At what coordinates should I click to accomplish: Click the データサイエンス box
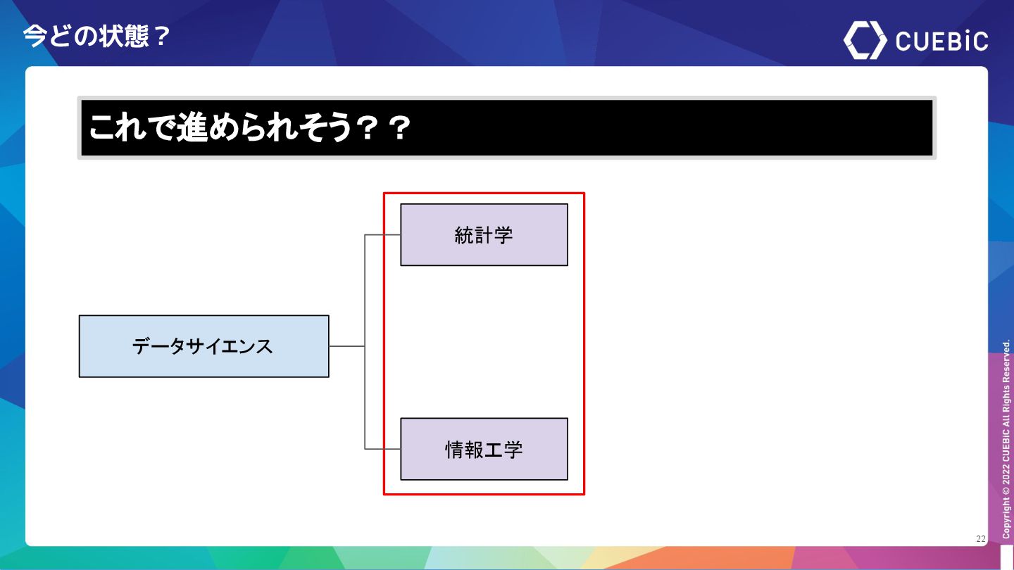coord(204,346)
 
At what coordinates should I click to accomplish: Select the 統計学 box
coord(484,235)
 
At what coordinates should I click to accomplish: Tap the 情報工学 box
coord(484,449)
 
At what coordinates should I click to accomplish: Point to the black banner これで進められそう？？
coord(506,128)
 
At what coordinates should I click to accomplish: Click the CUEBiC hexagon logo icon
coord(865,40)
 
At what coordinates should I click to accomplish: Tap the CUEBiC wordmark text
coord(941,41)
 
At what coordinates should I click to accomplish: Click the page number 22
coord(981,539)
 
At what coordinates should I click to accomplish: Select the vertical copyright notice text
coord(1006,440)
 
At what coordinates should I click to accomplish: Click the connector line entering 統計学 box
coord(382,235)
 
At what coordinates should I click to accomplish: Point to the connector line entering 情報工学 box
coord(382,449)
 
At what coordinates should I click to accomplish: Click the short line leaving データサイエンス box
coord(346,346)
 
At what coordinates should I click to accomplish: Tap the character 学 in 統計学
coord(503,235)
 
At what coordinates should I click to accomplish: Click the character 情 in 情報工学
coord(455,450)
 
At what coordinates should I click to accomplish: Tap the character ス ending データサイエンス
coord(263,346)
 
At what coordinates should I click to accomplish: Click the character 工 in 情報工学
coord(494,450)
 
